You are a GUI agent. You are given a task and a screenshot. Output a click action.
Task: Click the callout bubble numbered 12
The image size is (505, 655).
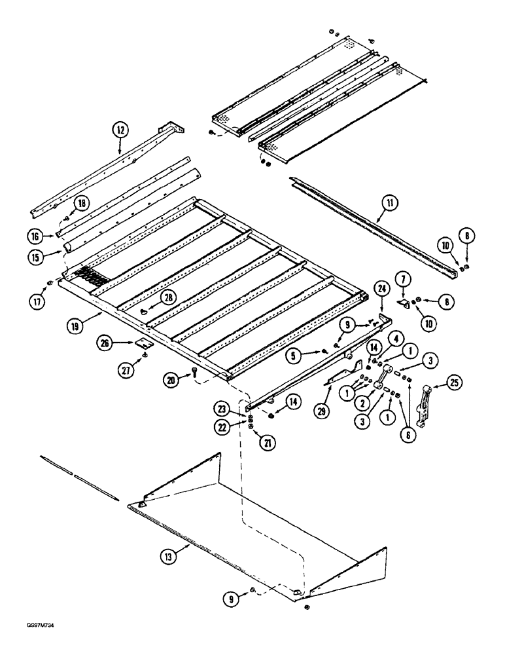click(120, 130)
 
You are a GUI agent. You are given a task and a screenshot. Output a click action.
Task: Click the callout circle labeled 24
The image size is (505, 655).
click(381, 287)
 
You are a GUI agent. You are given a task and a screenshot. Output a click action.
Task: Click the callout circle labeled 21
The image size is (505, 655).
click(268, 442)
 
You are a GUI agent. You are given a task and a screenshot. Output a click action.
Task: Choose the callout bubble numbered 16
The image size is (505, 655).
click(37, 234)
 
